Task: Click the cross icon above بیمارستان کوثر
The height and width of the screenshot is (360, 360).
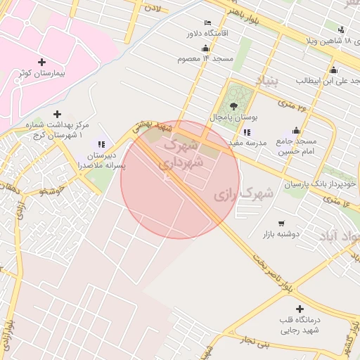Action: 41,62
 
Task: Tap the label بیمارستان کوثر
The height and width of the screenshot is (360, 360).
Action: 41,74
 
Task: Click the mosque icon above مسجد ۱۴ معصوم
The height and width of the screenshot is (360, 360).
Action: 205,48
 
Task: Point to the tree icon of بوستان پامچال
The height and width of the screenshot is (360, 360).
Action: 233,105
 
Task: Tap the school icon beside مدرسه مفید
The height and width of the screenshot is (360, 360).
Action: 246,131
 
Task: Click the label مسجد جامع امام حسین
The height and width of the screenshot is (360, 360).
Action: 296,146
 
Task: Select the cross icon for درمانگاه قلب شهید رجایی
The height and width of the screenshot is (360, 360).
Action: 300,309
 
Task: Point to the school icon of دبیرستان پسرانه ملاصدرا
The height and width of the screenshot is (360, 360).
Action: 102,143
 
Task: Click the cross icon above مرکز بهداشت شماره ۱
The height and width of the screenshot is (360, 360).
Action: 58,114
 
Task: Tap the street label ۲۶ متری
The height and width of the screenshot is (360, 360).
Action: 293,106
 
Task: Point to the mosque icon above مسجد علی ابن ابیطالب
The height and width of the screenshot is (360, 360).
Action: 333,70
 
